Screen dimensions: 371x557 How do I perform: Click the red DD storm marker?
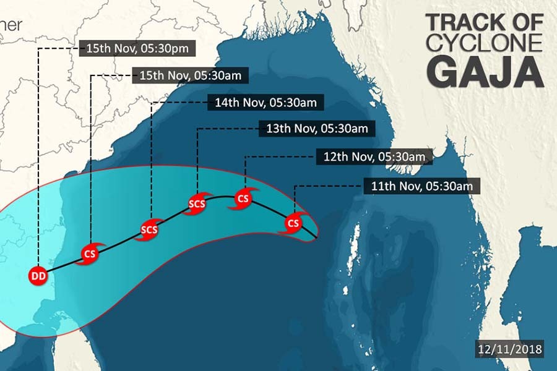pos(38,276)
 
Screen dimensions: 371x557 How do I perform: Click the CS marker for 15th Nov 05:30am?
pos(90,254)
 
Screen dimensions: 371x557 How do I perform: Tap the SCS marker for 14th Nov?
pos(149,230)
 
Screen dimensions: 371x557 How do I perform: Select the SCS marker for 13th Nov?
pos(197,204)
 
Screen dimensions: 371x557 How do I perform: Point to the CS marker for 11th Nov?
pos(293,223)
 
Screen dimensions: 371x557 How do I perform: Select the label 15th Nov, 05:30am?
pos(191,76)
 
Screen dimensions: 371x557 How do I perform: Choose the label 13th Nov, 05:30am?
pos(317,129)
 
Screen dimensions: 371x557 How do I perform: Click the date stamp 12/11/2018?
pos(511,349)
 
